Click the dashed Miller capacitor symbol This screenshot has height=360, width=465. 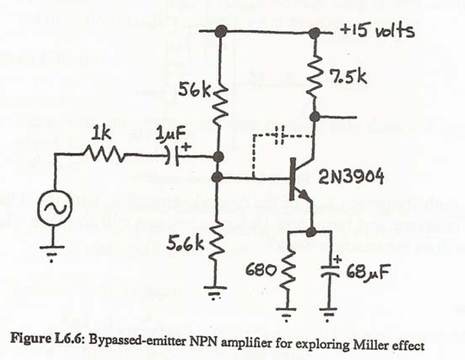(280, 134)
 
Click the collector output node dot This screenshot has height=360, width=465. (315, 117)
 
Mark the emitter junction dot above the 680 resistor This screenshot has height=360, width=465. (311, 231)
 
